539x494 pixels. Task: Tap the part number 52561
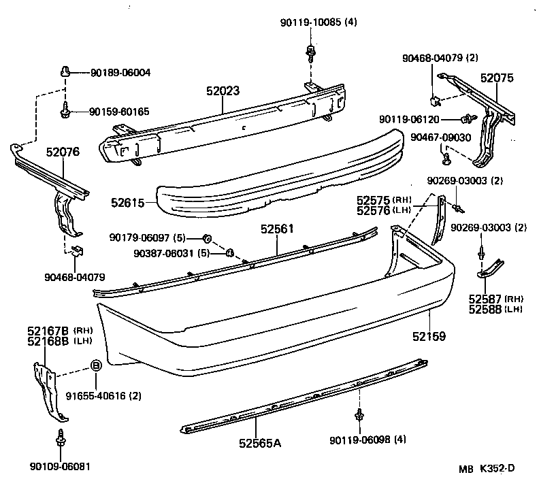pos(276,229)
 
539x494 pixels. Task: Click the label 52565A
pos(260,444)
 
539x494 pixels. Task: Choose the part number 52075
pos(497,79)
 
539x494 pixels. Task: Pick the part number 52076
pos(63,152)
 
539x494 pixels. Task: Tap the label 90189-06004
pos(120,72)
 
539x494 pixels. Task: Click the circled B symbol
pos(96,366)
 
